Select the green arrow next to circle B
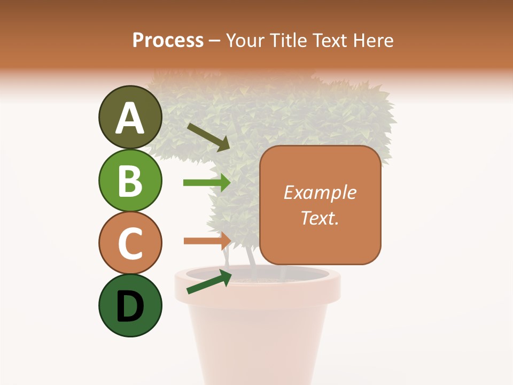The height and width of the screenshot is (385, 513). click(x=206, y=182)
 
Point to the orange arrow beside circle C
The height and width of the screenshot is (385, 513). click(x=206, y=241)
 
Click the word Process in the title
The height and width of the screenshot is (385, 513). click(x=168, y=40)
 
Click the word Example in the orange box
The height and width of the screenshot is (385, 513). click(x=320, y=192)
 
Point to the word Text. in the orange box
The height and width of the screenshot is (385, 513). click(x=320, y=218)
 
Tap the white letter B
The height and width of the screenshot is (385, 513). click(x=130, y=181)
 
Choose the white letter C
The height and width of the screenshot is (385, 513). click(x=130, y=243)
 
